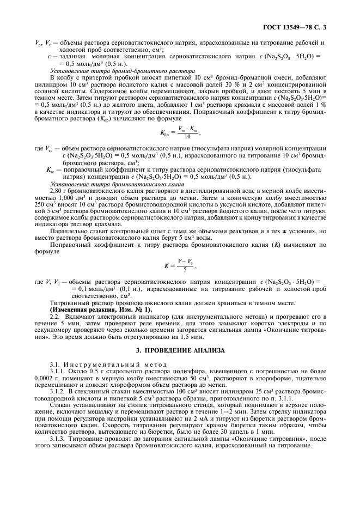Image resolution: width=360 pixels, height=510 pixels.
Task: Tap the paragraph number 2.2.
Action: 56,317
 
